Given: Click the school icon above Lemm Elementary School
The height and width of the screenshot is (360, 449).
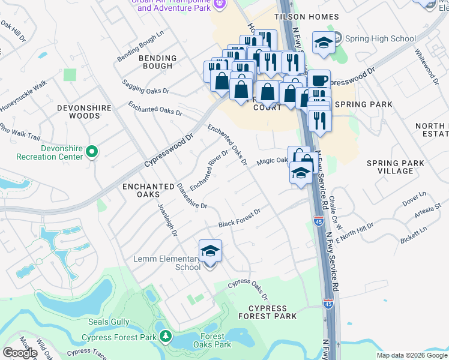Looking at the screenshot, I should tap(210, 251).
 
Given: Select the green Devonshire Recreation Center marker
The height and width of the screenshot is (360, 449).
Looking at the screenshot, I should tap(92, 152).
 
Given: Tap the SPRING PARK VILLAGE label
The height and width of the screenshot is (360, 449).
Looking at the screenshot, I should tap(396, 167).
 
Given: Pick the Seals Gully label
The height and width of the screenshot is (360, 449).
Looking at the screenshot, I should tap(107, 322).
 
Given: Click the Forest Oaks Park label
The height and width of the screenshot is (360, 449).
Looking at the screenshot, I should tap(212, 340).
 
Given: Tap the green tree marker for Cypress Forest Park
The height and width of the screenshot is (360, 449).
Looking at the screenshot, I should tap(164, 337).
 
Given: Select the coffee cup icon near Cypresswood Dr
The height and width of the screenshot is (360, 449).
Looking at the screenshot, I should tap(319, 80).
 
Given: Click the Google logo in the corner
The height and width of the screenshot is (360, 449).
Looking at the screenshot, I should tap(19, 353).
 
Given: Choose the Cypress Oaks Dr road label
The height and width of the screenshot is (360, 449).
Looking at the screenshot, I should tap(248, 290).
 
